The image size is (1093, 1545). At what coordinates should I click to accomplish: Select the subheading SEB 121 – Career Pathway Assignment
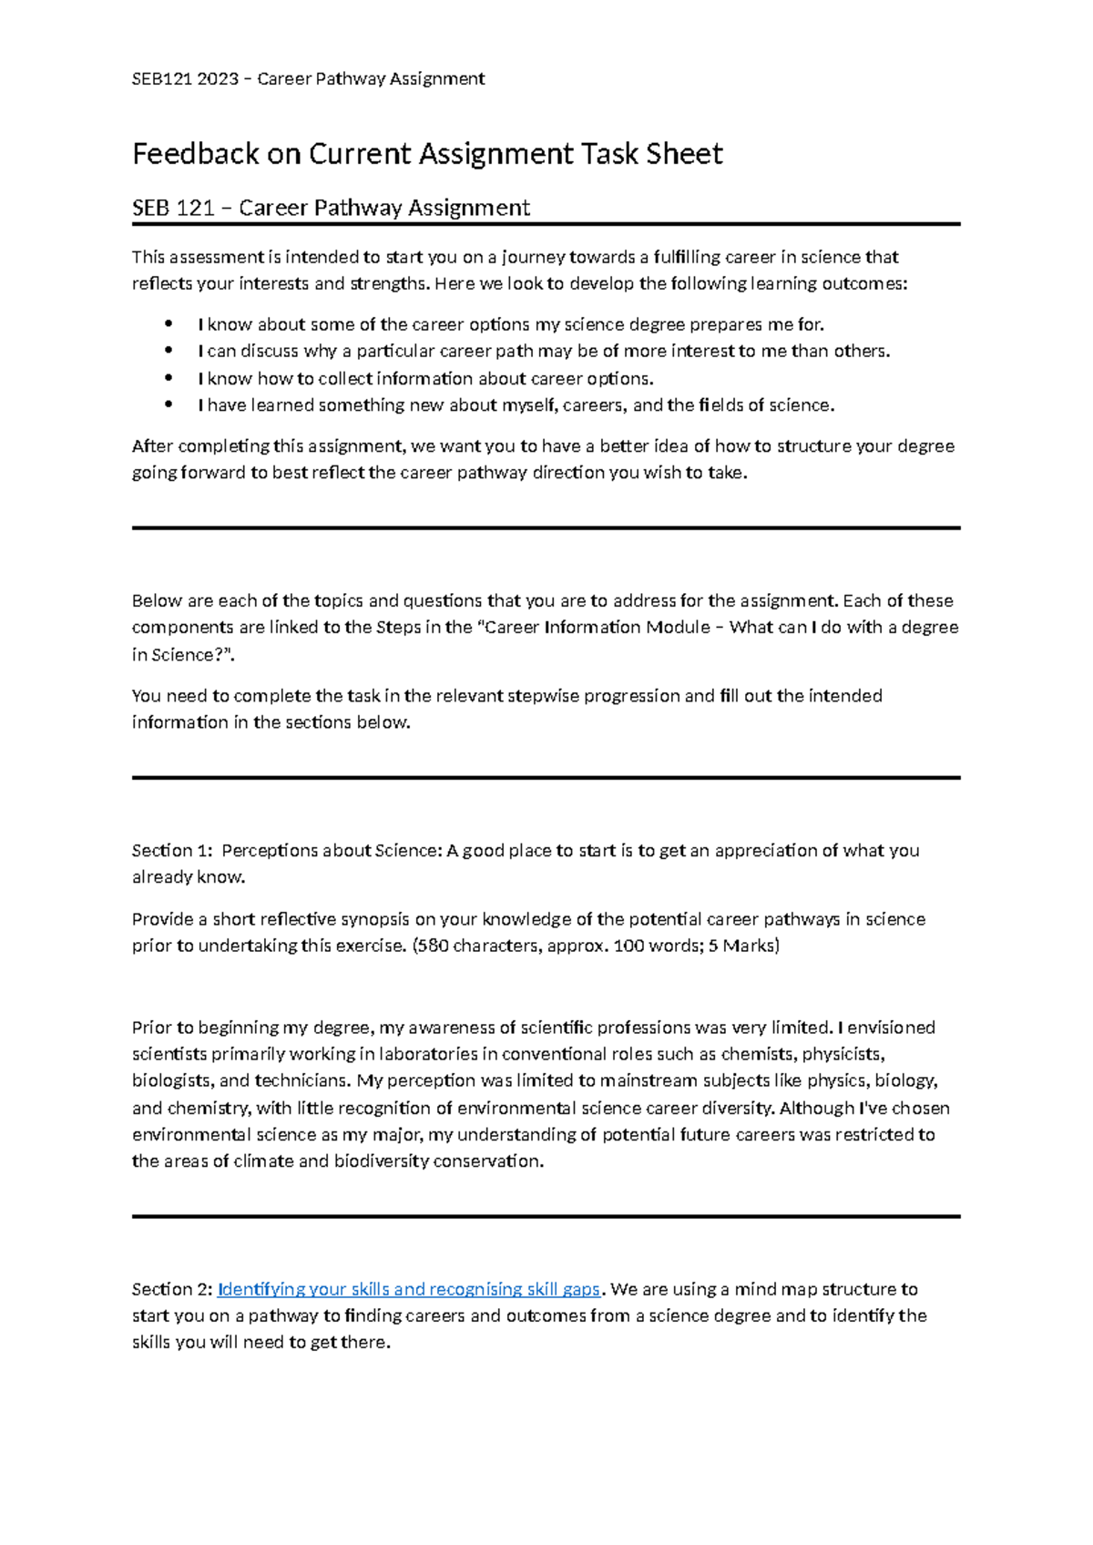(x=331, y=209)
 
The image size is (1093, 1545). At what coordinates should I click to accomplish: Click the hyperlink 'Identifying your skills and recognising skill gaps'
(x=409, y=1289)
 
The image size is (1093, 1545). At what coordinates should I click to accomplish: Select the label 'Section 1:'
(x=172, y=851)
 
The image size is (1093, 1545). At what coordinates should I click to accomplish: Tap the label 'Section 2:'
(x=172, y=1289)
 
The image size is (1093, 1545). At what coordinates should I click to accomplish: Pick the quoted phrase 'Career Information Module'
(x=598, y=628)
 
